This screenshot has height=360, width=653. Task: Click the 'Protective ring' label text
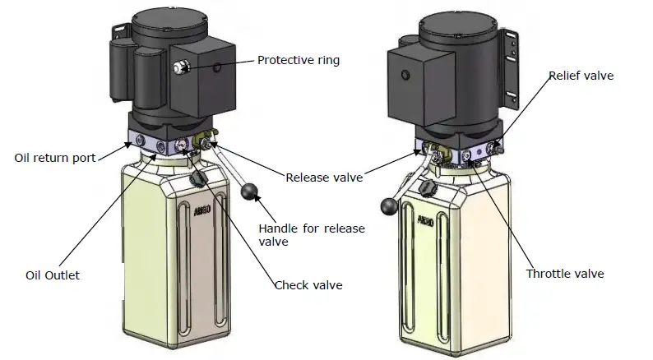[298, 60]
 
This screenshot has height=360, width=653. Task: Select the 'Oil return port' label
[55, 158]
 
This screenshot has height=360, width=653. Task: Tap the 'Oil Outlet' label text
[53, 275]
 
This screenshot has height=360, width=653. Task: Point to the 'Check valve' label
[308, 285]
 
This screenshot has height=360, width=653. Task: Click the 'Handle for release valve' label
[312, 235]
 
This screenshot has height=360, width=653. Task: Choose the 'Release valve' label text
[323, 177]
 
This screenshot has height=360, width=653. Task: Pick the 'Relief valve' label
[581, 76]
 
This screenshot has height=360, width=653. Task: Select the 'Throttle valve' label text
[565, 274]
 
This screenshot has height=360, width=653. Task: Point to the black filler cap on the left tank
[197, 180]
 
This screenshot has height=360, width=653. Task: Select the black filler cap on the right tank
[424, 189]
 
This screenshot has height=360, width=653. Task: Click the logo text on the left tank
[202, 210]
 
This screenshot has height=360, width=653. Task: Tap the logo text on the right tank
[425, 220]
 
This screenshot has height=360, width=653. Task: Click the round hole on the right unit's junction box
[405, 76]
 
